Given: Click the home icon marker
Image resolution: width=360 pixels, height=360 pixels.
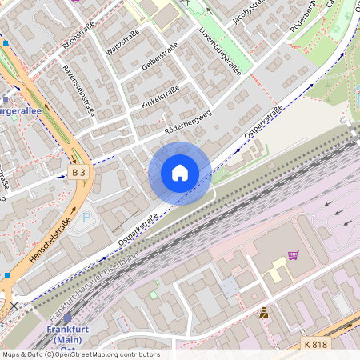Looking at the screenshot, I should (x=180, y=173).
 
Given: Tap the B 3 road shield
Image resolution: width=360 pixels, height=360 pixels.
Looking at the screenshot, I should (x=78, y=172).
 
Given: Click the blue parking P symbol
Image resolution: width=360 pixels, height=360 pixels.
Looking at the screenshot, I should (x=87, y=218).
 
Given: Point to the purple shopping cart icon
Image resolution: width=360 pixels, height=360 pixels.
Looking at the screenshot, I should (x=293, y=256).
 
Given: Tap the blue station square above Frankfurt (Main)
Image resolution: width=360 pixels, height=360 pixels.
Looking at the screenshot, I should (x=67, y=318).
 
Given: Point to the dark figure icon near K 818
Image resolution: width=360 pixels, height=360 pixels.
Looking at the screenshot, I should (x=263, y=314).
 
